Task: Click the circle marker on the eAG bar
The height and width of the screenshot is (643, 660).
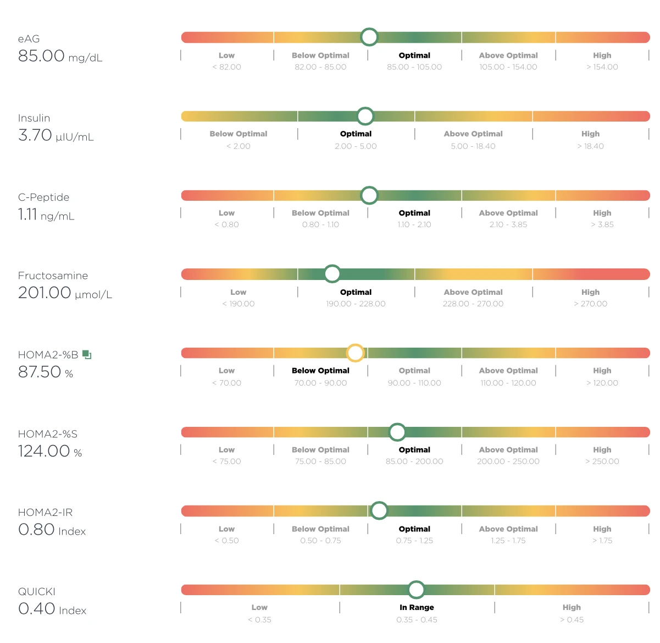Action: click(x=369, y=37)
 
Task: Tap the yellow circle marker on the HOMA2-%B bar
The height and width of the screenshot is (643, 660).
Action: click(x=355, y=353)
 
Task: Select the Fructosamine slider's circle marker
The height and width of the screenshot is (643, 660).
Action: click(x=332, y=273)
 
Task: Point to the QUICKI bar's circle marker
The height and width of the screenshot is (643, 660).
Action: click(x=416, y=590)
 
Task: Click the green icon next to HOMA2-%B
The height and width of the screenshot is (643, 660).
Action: click(x=87, y=354)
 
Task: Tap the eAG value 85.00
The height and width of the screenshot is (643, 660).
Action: click(x=41, y=56)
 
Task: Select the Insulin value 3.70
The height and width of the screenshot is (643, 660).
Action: click(x=35, y=135)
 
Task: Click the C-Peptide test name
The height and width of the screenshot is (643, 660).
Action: click(x=43, y=197)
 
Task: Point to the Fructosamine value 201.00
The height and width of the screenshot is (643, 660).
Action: click(x=45, y=293)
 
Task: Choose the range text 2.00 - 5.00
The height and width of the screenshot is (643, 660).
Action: click(x=356, y=146)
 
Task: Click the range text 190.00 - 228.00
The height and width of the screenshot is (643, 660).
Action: click(x=356, y=304)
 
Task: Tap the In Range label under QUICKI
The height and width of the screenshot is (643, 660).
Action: click(x=417, y=607)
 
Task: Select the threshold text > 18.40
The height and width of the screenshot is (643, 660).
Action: click(x=590, y=146)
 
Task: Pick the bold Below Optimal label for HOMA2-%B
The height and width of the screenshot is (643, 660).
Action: click(x=320, y=371)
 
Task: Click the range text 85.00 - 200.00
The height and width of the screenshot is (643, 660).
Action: click(x=414, y=461)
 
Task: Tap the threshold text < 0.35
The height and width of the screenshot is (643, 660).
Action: click(x=259, y=620)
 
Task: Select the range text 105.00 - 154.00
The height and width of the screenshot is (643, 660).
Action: click(x=508, y=67)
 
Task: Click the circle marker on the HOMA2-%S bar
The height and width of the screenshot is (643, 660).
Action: click(x=397, y=432)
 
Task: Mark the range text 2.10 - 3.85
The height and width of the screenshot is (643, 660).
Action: click(x=508, y=225)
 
